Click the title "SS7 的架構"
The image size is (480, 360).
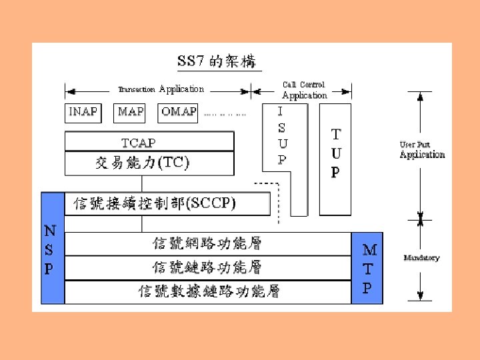(219, 61)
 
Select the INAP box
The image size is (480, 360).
(83, 112)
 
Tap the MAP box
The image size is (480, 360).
(131, 112)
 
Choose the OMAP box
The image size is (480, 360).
(179, 112)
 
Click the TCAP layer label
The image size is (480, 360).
(139, 143)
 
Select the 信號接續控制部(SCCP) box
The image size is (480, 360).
(167, 203)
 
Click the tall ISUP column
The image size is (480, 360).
(283, 137)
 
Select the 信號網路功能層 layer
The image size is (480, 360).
(207, 243)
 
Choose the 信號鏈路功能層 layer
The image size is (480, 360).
(207, 267)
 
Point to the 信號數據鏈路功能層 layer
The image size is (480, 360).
(207, 291)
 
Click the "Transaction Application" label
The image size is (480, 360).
(161, 89)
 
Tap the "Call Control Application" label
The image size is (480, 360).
(304, 90)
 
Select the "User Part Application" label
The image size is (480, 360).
(421, 151)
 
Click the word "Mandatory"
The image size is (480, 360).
(421, 258)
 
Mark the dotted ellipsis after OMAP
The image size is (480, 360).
(225, 115)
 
